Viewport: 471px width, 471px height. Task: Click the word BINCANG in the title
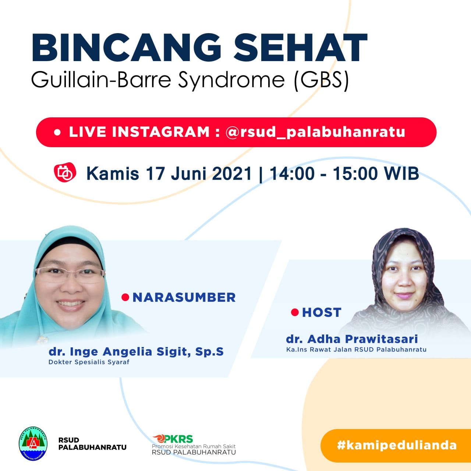pyautogui.click(x=126, y=47)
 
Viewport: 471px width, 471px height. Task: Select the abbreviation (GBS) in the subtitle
pyautogui.click(x=321, y=79)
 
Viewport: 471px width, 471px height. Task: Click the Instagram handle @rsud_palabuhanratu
pyautogui.click(x=315, y=132)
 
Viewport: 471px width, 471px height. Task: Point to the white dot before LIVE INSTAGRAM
pyautogui.click(x=57, y=132)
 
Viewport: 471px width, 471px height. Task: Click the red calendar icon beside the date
pyautogui.click(x=65, y=172)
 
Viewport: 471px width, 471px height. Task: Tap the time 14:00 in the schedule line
pyautogui.click(x=292, y=174)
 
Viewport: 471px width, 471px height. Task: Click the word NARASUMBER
pyautogui.click(x=184, y=297)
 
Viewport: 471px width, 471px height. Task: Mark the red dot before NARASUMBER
pyautogui.click(x=125, y=297)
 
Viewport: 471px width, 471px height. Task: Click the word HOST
pyautogui.click(x=322, y=312)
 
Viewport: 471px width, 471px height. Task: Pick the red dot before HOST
pyautogui.click(x=295, y=312)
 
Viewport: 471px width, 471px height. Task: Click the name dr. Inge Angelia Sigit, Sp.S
pyautogui.click(x=136, y=352)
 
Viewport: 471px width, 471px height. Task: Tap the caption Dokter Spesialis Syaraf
pyautogui.click(x=89, y=362)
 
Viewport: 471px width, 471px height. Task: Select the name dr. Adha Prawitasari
pyautogui.click(x=352, y=339)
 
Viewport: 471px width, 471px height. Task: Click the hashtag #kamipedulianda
pyautogui.click(x=397, y=445)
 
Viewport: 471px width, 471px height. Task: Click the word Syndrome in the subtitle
pyautogui.click(x=231, y=81)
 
